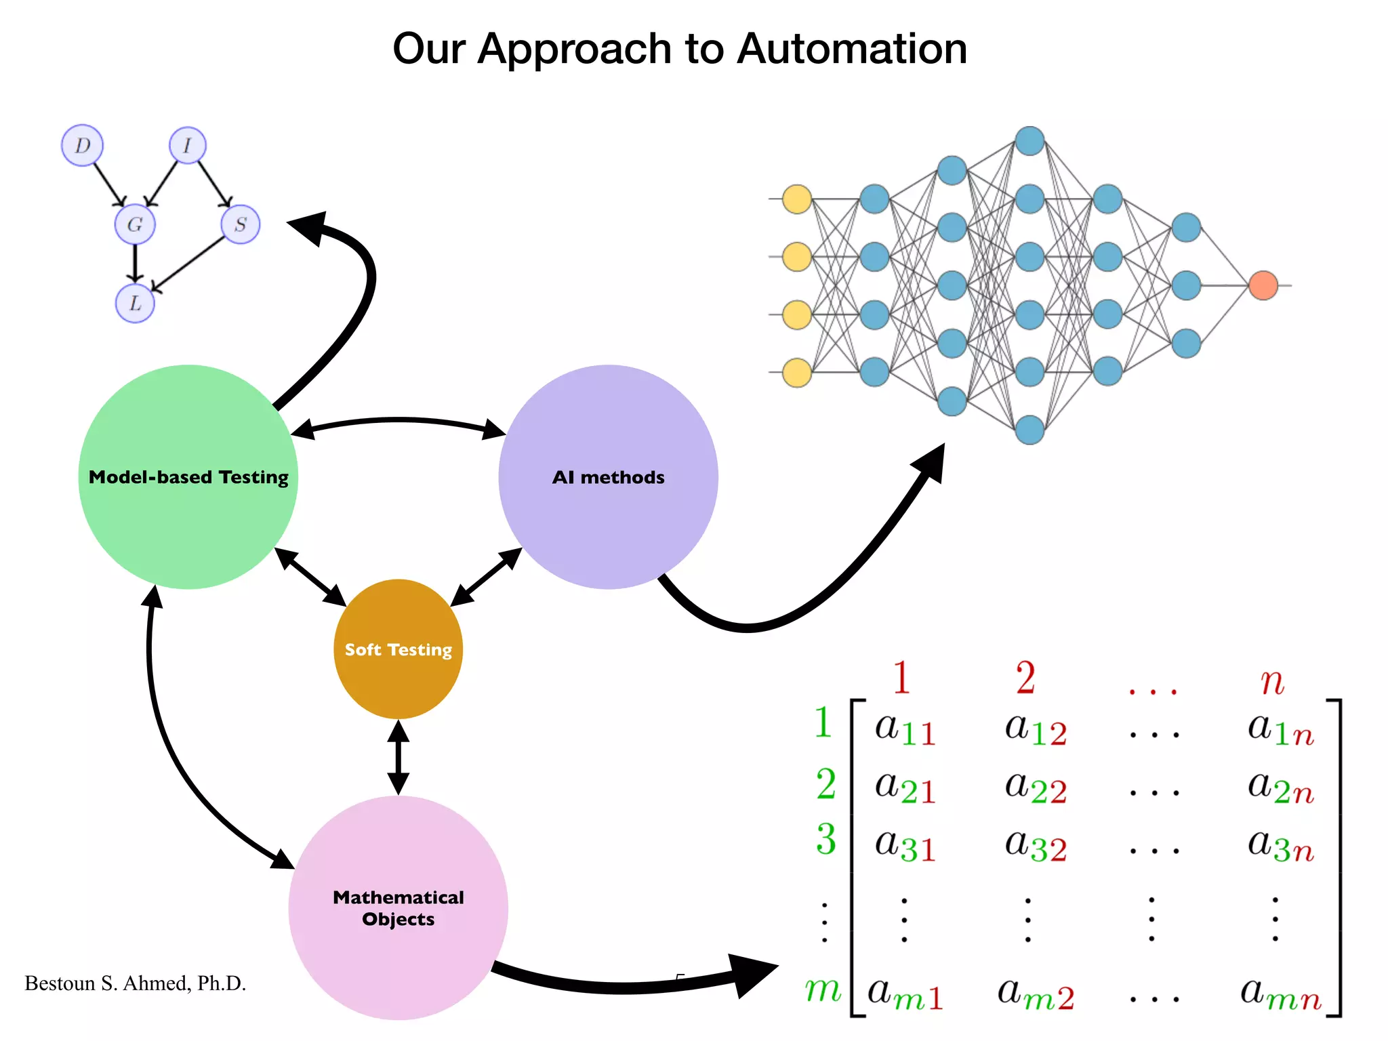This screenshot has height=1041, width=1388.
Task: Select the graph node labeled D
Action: tap(82, 145)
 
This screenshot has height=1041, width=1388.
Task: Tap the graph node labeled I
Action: tap(187, 145)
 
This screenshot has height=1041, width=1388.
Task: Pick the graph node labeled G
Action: tap(135, 224)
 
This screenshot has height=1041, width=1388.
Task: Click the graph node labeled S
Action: tap(241, 224)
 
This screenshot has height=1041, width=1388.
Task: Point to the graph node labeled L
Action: tap(135, 303)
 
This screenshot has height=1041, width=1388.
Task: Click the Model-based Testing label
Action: tap(188, 477)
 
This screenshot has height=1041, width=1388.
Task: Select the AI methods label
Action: tap(608, 477)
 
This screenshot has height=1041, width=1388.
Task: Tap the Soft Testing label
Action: tap(398, 649)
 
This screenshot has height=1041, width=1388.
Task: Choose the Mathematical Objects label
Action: tap(398, 908)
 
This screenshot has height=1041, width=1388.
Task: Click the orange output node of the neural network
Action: tap(1263, 285)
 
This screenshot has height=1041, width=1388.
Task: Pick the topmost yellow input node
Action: tap(797, 199)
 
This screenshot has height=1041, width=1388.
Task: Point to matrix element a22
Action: tap(1035, 788)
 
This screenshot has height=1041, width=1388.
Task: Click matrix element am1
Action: tap(905, 994)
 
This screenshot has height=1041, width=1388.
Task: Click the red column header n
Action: tap(1272, 680)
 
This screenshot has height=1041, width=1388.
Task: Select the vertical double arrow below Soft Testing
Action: tap(398, 757)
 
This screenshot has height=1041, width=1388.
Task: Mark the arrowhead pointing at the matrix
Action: tap(752, 975)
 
